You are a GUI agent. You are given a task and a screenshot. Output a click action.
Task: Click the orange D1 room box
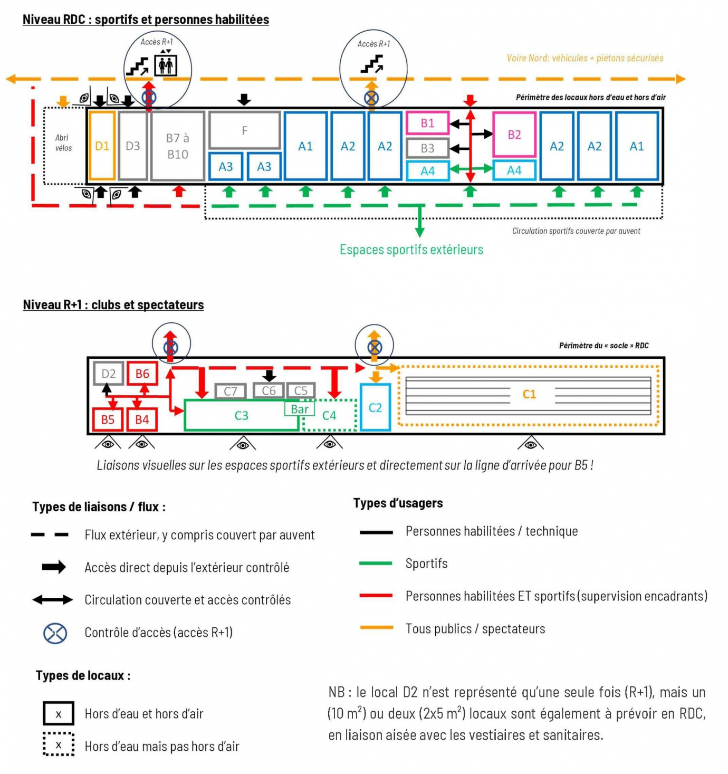click(x=102, y=146)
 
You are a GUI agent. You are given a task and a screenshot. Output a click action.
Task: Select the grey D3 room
click(x=133, y=146)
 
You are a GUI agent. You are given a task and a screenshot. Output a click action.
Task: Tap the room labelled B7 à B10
click(x=178, y=146)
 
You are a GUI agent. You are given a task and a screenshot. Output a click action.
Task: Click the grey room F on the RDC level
click(x=244, y=130)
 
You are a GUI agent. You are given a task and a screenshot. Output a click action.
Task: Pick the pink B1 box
click(x=427, y=123)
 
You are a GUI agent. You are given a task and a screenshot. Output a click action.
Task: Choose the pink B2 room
click(x=514, y=135)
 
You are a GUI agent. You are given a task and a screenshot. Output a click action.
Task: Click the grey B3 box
click(x=427, y=148)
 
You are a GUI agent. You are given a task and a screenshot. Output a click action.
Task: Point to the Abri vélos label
click(x=63, y=143)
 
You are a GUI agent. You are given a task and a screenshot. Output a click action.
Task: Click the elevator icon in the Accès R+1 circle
click(x=166, y=64)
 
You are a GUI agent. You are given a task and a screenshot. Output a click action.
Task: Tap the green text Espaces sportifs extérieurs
click(x=411, y=250)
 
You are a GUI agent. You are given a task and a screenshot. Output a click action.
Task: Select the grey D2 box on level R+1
click(x=109, y=374)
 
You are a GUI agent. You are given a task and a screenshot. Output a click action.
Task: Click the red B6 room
click(x=142, y=374)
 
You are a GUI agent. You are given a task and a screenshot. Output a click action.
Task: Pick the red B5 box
click(x=108, y=419)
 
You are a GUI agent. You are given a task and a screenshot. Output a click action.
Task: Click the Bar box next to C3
click(x=300, y=409)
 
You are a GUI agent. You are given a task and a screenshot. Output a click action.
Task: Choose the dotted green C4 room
click(x=329, y=416)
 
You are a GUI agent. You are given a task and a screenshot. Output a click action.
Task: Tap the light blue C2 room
click(x=375, y=407)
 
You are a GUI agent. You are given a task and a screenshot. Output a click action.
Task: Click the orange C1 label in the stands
click(x=529, y=394)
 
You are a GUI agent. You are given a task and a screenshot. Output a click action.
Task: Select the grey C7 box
click(x=231, y=391)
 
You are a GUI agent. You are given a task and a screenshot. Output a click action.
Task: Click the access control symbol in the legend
click(x=55, y=633)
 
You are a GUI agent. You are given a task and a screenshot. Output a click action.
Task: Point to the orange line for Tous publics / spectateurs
click(x=376, y=628)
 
